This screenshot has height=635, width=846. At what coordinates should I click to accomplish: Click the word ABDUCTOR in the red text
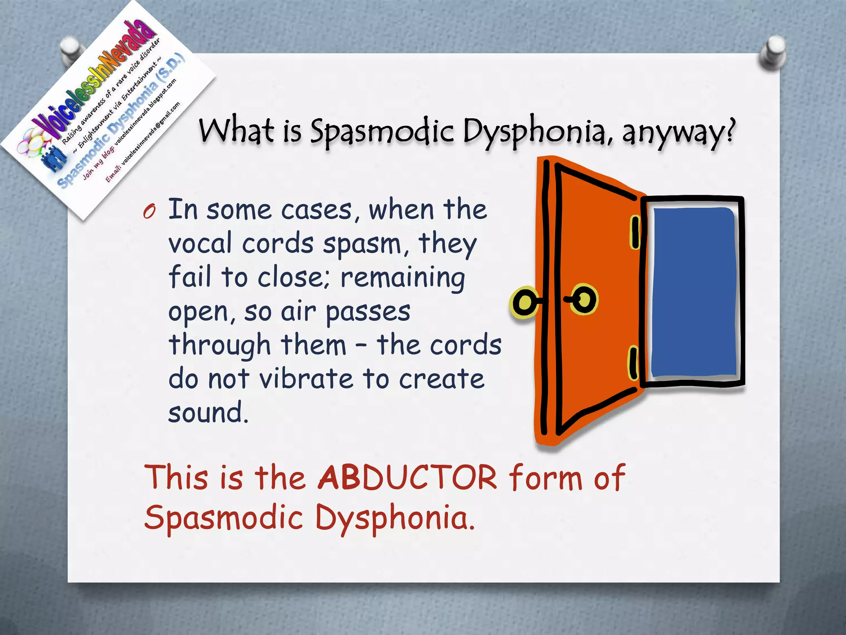407,478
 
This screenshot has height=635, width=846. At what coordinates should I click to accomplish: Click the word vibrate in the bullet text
306,378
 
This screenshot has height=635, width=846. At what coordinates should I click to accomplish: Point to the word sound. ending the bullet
208,412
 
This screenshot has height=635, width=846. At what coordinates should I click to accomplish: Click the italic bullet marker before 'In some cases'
149,212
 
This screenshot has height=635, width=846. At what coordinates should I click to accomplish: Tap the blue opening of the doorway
694,292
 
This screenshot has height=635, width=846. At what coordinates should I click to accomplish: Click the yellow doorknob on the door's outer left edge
525,302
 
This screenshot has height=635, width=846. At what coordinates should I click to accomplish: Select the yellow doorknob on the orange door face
584,298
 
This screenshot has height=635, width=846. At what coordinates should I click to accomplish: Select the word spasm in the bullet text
362,244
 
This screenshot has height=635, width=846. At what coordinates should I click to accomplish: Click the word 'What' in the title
236,130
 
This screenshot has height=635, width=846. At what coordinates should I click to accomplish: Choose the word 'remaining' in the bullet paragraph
403,277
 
